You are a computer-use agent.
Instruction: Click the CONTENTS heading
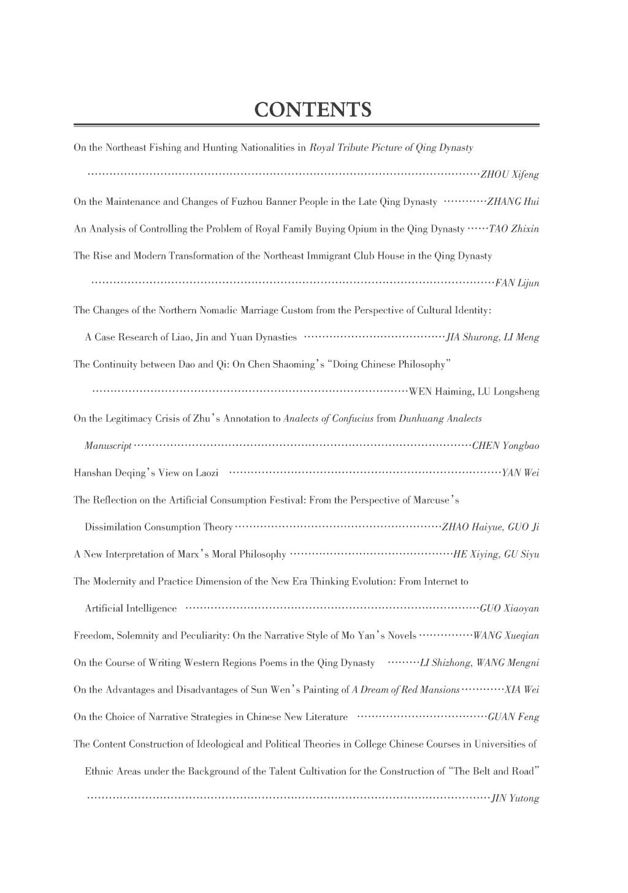[313, 110]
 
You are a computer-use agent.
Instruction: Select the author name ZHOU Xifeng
[509, 175]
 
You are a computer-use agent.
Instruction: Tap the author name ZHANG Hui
[513, 202]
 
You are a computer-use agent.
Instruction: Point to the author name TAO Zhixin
[513, 229]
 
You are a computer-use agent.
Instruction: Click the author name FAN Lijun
[517, 283]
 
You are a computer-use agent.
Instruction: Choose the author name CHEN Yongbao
[505, 446]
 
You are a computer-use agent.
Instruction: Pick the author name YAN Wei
[520, 473]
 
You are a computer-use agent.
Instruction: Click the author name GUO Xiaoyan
[509, 608]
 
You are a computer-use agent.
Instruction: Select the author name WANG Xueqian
[506, 636]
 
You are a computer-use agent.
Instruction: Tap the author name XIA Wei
[521, 690]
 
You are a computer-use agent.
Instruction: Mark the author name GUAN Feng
[513, 717]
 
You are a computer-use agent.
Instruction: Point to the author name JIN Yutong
[515, 799]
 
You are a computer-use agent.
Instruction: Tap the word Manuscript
[108, 446]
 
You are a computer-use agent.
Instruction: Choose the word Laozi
[207, 473]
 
